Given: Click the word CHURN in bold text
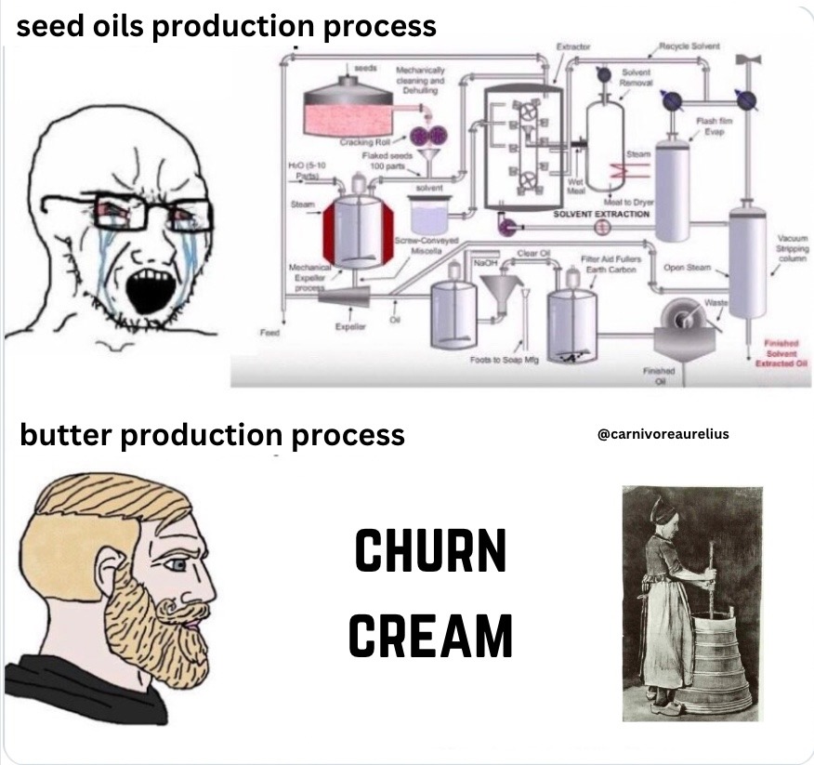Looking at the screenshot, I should tap(430, 551).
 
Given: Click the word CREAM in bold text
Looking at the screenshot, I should tap(430, 637).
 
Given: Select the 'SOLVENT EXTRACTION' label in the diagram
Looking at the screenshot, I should tap(601, 214).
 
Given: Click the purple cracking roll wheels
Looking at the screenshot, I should tap(430, 137).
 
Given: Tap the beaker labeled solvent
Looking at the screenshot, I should tap(428, 217).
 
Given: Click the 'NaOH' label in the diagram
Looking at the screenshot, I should tap(486, 264).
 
